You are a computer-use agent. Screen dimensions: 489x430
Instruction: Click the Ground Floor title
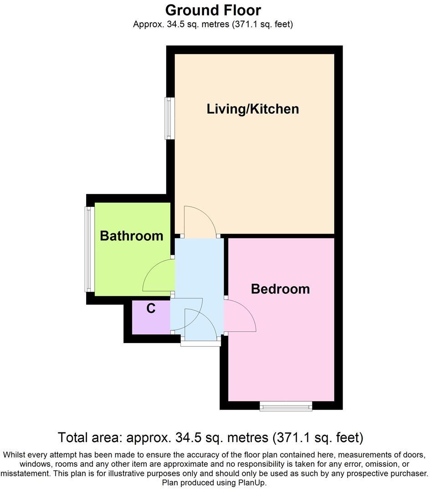point(213,10)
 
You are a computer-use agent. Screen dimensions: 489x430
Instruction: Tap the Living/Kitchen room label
point(253,109)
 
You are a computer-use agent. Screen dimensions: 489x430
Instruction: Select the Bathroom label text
point(131,236)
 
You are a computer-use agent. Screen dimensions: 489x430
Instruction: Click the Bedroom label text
point(280,289)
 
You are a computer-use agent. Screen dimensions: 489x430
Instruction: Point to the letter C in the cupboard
point(151,309)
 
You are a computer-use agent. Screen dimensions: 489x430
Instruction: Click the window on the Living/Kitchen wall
point(169,118)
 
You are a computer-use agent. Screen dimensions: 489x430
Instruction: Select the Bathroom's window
point(89,249)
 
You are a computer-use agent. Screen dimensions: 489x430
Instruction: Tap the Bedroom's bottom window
point(286,405)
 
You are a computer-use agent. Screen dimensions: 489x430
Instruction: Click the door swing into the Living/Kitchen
point(200,221)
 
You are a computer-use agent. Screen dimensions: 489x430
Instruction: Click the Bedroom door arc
point(240,315)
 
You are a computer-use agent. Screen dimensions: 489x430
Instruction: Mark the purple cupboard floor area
point(150,321)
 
